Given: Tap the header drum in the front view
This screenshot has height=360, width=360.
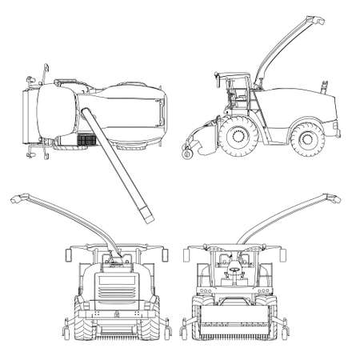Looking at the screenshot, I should point(238,327).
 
